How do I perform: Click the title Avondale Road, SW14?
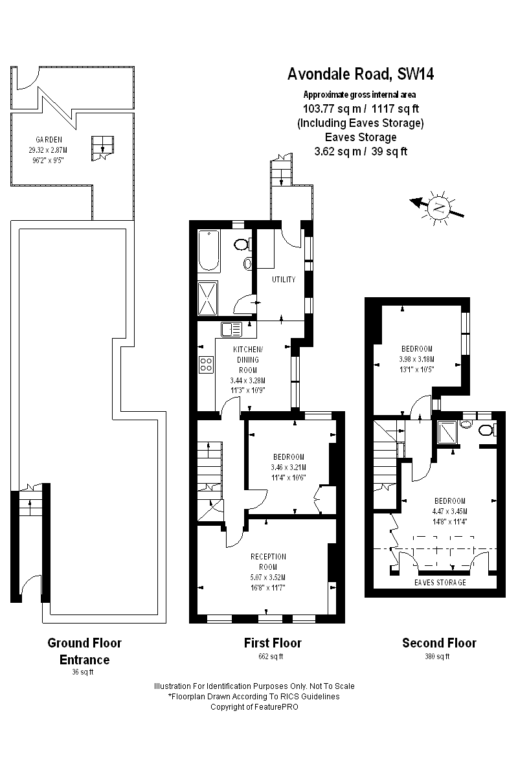361,74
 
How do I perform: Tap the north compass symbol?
438,208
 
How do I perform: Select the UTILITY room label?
284,280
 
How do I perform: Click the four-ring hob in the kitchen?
207,365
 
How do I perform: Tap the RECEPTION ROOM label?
268,561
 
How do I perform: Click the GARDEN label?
49,139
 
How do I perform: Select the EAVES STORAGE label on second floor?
440,582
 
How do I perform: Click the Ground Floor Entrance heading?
84,651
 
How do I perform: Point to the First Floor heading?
273,643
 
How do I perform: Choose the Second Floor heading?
439,643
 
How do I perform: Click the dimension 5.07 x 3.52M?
268,577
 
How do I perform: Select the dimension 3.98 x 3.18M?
416,359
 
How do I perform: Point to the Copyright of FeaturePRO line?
254,706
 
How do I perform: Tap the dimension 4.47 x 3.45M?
449,511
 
